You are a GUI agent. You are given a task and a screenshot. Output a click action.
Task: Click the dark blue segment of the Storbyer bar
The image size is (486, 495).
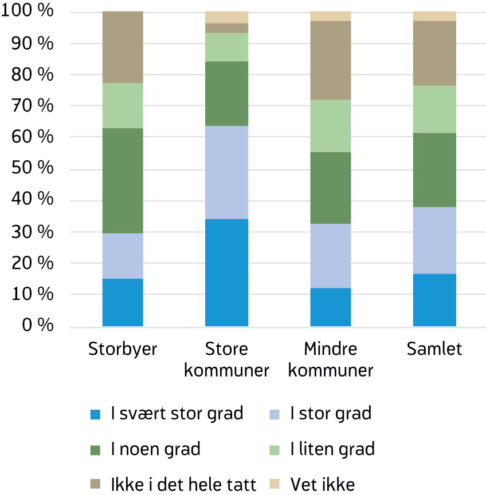[123, 302]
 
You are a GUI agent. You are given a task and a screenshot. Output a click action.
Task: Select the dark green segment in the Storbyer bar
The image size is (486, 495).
[123, 180]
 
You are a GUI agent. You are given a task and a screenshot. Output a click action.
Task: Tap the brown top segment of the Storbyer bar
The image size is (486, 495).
[123, 47]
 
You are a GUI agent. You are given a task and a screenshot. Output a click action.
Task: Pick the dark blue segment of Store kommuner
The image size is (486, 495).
[226, 272]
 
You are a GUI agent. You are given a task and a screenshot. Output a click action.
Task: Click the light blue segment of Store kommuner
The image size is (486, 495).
[226, 172]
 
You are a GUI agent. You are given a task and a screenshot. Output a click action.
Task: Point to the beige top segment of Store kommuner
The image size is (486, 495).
[226, 17]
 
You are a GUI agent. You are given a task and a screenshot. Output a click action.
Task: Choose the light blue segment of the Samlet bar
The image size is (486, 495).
[434, 240]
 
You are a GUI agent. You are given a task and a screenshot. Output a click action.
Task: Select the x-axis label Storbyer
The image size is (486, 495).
[123, 349]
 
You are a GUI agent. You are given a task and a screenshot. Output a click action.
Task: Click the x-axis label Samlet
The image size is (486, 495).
[434, 349]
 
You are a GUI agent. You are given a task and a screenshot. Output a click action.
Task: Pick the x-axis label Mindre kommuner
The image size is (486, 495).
[331, 359]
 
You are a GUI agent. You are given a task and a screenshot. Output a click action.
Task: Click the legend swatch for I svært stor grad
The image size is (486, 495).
[96, 414]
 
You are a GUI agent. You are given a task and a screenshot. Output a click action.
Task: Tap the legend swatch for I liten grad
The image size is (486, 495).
[275, 449]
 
